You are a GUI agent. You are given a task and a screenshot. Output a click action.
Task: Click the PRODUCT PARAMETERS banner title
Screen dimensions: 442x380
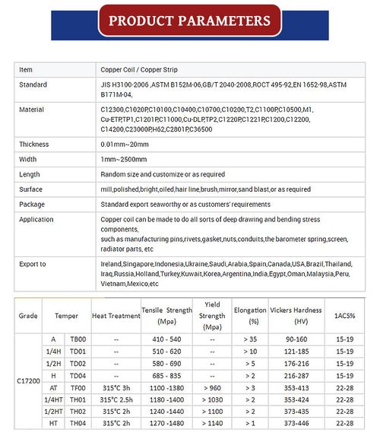pyautogui.click(x=189, y=21)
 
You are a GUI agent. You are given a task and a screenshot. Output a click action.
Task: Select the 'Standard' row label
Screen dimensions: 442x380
pyautogui.click(x=33, y=84)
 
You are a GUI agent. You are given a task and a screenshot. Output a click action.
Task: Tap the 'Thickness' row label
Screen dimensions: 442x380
pyautogui.click(x=34, y=144)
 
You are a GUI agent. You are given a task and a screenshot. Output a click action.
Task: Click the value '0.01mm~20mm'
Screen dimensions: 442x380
pyautogui.click(x=124, y=144)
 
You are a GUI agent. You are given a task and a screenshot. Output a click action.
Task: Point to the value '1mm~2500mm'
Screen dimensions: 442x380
pyautogui.click(x=123, y=159)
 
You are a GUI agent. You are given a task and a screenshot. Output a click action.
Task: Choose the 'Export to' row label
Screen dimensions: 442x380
pyautogui.click(x=33, y=264)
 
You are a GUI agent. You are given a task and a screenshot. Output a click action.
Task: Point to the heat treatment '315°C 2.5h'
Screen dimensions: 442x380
pyautogui.click(x=116, y=399)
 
